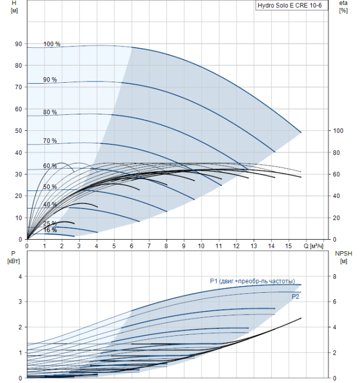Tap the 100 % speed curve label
pyautogui.click(x=52, y=44)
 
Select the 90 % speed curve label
pyautogui.click(x=50, y=80)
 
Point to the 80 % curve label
pyautogui.click(x=50, y=112)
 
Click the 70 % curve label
pyautogui.click(x=50, y=141)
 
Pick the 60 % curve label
pyautogui.click(x=50, y=166)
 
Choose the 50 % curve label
pyautogui.click(x=50, y=187)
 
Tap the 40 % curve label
pyautogui.click(x=50, y=205)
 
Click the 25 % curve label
pyautogui.click(x=50, y=223)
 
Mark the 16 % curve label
pyautogui.click(x=50, y=230)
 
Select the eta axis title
pyautogui.click(x=343, y=6)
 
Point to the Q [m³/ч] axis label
pyautogui.click(x=314, y=246)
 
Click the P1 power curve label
pyautogui.click(x=252, y=281)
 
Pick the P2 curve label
pyautogui.click(x=295, y=297)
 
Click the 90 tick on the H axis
pyautogui.click(x=19, y=44)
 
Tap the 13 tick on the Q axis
pyautogui.click(x=253, y=246)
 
